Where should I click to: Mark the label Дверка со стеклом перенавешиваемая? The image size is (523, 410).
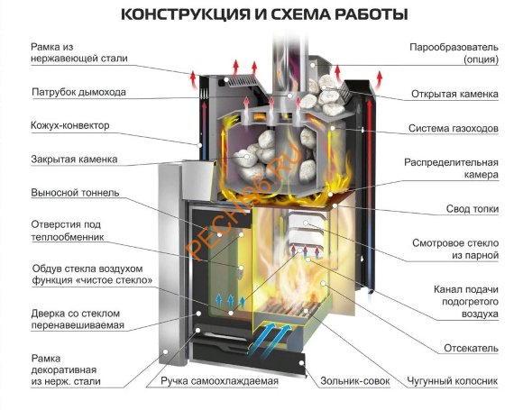[x=78, y=317]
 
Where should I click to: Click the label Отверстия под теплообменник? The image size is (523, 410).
[x=68, y=231]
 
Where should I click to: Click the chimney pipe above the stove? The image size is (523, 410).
[x=282, y=54]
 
